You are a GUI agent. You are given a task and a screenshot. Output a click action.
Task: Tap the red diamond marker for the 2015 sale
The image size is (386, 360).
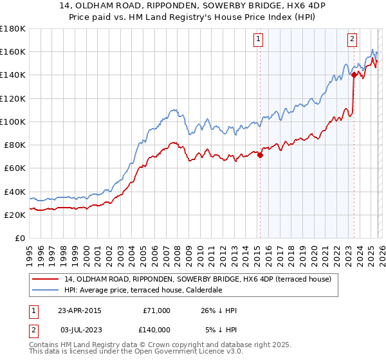[260, 154]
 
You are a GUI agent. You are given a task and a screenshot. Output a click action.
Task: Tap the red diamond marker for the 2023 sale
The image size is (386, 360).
[354, 74]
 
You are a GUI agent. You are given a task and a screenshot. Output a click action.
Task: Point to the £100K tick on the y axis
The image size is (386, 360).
[13, 122]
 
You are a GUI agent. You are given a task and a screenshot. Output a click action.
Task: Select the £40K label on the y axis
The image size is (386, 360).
[15, 192]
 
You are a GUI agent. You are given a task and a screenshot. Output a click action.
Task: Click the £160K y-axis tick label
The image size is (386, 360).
[13, 51]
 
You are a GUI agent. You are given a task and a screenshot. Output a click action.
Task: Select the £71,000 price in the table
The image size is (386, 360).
[156, 310]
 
